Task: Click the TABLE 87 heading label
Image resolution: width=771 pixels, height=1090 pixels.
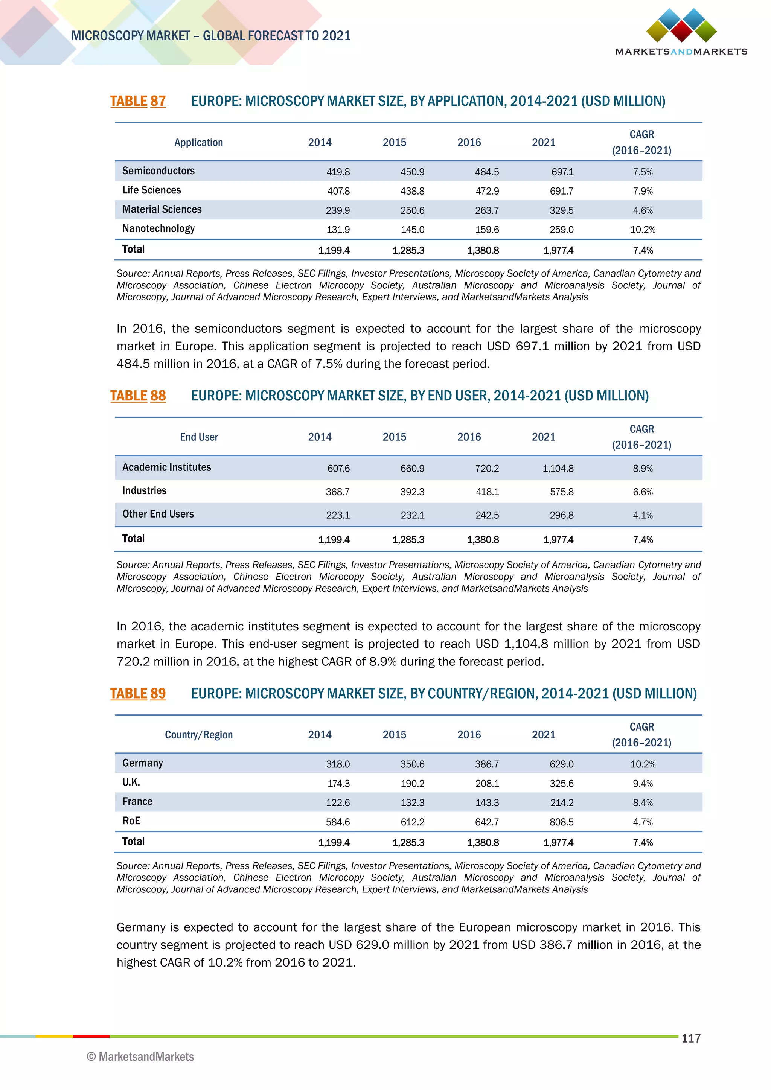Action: (x=138, y=101)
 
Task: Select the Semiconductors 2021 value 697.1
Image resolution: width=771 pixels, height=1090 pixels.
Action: (x=562, y=172)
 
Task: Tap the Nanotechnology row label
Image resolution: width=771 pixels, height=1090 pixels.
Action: (x=158, y=229)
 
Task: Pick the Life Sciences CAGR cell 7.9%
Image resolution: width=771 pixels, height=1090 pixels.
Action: (x=642, y=191)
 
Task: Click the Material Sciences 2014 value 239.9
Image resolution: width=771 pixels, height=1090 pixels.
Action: (x=338, y=210)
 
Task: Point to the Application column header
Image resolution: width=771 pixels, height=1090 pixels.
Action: (x=198, y=142)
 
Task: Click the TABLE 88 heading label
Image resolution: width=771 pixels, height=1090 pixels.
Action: (x=138, y=396)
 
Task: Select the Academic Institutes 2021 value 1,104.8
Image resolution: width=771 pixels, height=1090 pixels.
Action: (x=558, y=469)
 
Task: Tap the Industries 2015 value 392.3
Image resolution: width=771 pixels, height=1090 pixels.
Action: (x=412, y=492)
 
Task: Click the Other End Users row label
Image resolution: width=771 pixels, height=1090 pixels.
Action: (x=158, y=514)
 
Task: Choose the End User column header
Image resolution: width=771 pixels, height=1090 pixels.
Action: (x=198, y=437)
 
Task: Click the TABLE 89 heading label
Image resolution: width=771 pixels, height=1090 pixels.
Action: (x=138, y=694)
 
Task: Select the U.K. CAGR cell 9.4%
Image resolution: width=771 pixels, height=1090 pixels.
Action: (x=642, y=784)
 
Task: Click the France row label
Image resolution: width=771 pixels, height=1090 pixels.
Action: (x=137, y=802)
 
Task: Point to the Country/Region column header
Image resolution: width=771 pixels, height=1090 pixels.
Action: (x=198, y=735)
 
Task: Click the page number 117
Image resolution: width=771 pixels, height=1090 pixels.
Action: (x=691, y=1038)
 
